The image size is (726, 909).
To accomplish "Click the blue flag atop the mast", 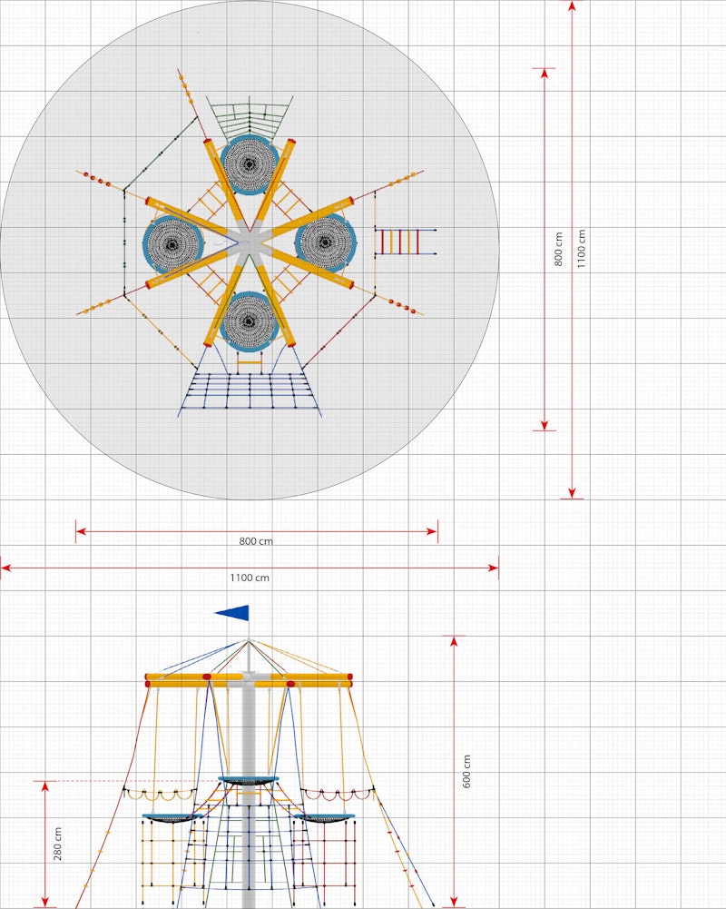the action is click(x=234, y=613).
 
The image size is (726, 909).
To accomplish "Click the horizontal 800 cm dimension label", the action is click(x=256, y=541).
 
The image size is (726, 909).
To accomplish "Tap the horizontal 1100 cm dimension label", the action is click(x=250, y=578).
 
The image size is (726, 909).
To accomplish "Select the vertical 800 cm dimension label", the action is click(x=558, y=250).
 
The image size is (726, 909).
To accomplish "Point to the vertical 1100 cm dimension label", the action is click(x=581, y=249).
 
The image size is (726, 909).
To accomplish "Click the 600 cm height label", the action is click(x=466, y=772).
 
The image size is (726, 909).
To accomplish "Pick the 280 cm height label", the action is click(x=57, y=844).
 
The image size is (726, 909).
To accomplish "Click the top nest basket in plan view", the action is click(x=250, y=164).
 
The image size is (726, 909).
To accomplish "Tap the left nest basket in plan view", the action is click(x=172, y=244).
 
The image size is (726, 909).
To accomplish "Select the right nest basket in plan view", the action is click(x=326, y=242).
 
